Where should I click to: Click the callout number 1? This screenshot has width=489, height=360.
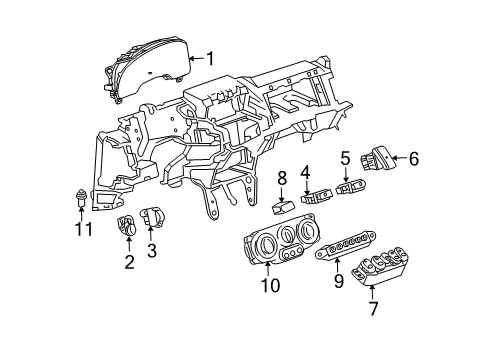[209, 57]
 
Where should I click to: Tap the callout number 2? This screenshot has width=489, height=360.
[129, 263]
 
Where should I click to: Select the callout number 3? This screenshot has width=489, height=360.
[152, 251]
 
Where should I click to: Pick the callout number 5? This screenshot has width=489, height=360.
[345, 157]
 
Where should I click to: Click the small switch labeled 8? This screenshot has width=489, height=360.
[283, 208]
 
